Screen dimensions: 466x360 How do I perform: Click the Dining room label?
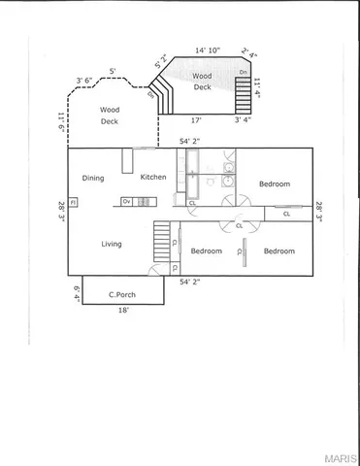[93, 178]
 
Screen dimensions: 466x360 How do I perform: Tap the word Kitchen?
[153, 177]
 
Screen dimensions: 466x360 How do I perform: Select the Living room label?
[112, 244]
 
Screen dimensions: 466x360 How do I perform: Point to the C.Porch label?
[121, 293]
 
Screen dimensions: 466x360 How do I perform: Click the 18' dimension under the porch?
[123, 312]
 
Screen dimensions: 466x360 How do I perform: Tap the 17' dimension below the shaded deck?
[196, 121]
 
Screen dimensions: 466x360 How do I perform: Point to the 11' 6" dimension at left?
[60, 124]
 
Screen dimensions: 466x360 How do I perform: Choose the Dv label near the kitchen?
[126, 201]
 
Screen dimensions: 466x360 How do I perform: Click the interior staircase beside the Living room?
[162, 240]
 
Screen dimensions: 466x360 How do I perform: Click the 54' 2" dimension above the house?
[191, 142]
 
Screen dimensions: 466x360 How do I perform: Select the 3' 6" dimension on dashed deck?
[84, 83]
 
